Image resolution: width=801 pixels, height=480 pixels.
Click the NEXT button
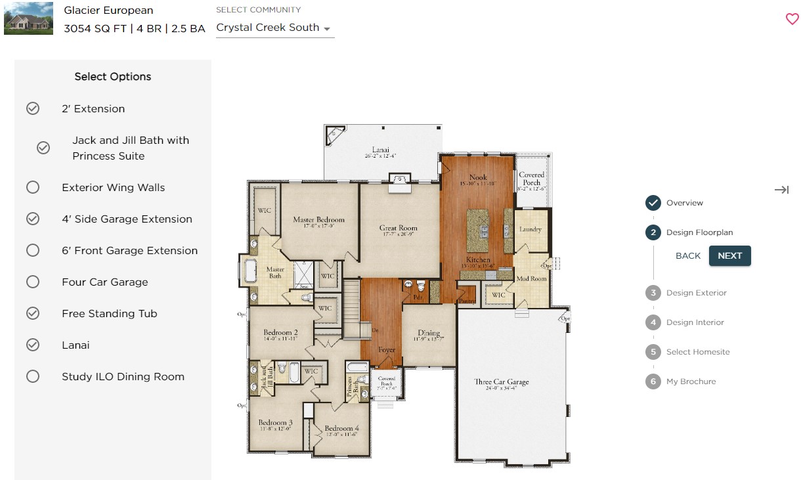click(x=729, y=256)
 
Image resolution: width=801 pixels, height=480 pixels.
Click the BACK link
click(x=688, y=256)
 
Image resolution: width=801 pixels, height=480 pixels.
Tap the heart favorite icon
click(x=792, y=19)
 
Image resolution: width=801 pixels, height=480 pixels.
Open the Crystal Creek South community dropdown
click(x=274, y=28)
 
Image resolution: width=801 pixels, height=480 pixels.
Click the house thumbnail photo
click(x=28, y=18)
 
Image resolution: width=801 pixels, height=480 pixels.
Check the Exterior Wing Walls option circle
click(x=33, y=188)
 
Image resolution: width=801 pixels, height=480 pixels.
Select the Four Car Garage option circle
click(x=33, y=282)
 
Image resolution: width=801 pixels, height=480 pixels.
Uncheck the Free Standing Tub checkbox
click(x=33, y=314)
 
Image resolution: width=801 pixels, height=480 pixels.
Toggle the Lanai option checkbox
click(x=33, y=345)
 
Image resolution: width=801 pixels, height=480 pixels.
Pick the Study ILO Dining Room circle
click(x=33, y=377)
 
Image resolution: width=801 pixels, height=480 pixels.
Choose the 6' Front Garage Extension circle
click(x=33, y=251)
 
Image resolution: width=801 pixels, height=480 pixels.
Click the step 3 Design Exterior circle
click(x=653, y=293)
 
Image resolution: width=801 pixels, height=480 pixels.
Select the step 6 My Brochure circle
click(x=653, y=382)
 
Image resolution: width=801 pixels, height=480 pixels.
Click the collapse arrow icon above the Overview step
click(x=781, y=190)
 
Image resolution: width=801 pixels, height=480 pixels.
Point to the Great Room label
click(x=399, y=229)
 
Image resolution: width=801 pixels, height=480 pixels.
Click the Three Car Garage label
click(x=502, y=382)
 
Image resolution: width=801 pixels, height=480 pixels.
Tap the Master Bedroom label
click(x=318, y=220)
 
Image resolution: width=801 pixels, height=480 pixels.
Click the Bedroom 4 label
click(x=341, y=429)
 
